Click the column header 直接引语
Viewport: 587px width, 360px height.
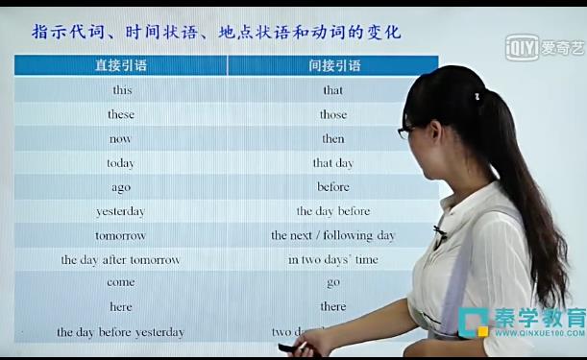pyautogui.click(x=121, y=66)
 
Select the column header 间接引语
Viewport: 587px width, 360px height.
pyautogui.click(x=334, y=66)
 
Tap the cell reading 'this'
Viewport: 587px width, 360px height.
pyautogui.click(x=122, y=90)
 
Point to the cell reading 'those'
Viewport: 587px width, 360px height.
pyautogui.click(x=333, y=114)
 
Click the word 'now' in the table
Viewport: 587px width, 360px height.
pyautogui.click(x=121, y=138)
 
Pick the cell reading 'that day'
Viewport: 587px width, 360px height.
pyautogui.click(x=333, y=163)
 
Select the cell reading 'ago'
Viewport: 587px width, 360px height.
pyautogui.click(x=121, y=187)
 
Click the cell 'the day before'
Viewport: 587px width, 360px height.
pyautogui.click(x=333, y=211)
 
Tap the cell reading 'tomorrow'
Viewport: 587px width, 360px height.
pyautogui.click(x=121, y=235)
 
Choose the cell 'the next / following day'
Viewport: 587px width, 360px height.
pyautogui.click(x=333, y=235)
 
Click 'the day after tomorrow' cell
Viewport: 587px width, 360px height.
pyautogui.click(x=121, y=259)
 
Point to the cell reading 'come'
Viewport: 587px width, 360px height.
pyautogui.click(x=121, y=283)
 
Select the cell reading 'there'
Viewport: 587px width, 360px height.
pyautogui.click(x=333, y=307)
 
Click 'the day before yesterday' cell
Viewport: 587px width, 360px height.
pyautogui.click(x=121, y=332)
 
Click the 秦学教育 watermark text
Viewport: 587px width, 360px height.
pyautogui.click(x=539, y=318)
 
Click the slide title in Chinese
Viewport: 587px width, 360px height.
pyautogui.click(x=216, y=33)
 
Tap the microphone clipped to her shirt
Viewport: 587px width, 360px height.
pyautogui.click(x=439, y=231)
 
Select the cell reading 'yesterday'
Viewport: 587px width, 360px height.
pyautogui.click(x=121, y=211)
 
